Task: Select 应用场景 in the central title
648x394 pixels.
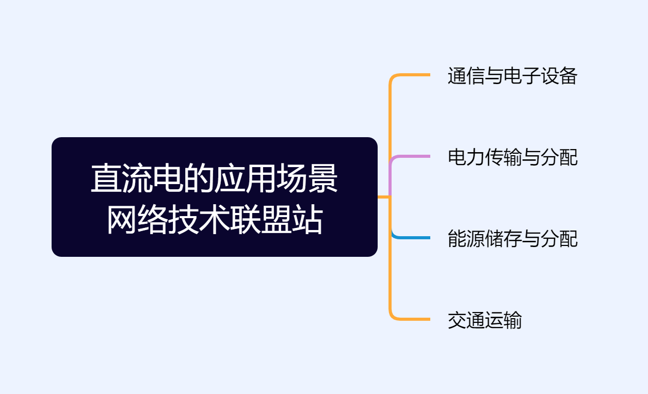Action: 276,179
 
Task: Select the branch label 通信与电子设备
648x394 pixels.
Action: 512,76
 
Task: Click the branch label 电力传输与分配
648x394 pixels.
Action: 512,157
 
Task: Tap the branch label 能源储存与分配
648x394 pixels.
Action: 512,239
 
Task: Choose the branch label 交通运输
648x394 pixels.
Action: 484,320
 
